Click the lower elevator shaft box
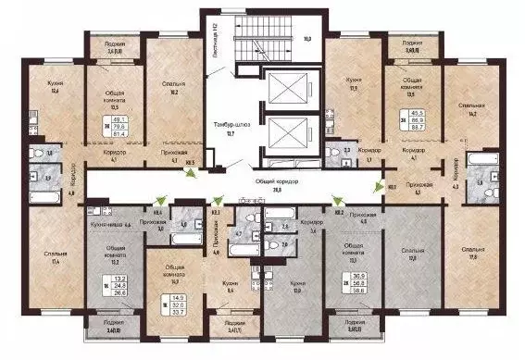(x=290, y=141)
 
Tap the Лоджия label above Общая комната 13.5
(x=406, y=47)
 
